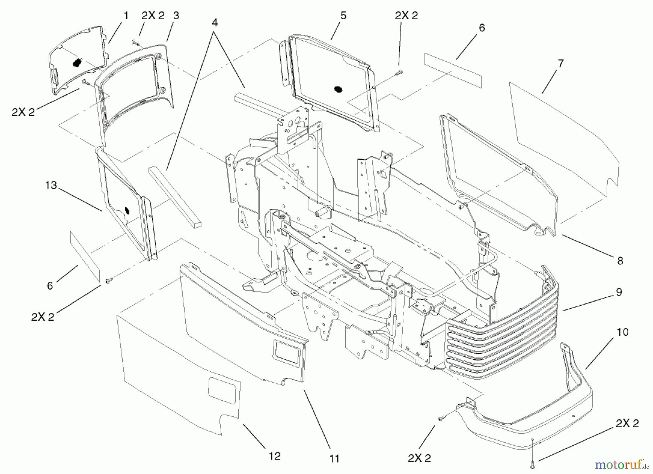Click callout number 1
click(126, 16)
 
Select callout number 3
click(176, 16)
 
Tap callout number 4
click(215, 22)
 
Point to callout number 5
click(343, 16)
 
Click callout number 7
click(561, 64)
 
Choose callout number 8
click(620, 260)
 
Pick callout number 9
click(619, 292)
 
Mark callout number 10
click(623, 332)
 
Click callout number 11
click(334, 459)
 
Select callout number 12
click(275, 456)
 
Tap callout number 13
click(51, 185)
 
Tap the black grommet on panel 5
click(338, 89)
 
